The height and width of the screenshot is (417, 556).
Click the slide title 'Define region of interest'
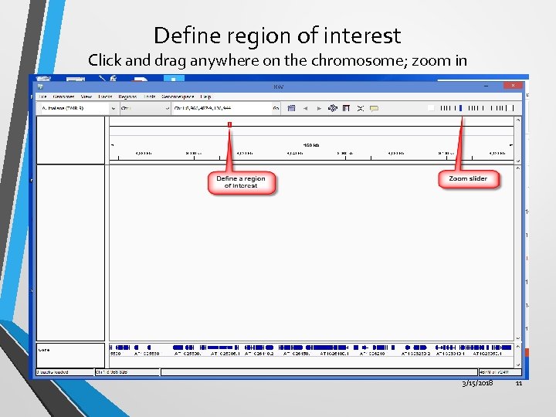click(x=277, y=36)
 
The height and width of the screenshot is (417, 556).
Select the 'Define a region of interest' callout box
click(x=241, y=182)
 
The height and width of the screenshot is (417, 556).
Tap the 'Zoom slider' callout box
click(x=468, y=179)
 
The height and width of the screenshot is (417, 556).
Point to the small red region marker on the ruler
click(x=229, y=124)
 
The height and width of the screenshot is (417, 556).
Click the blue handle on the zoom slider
click(x=460, y=108)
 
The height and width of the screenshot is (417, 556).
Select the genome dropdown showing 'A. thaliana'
click(x=73, y=109)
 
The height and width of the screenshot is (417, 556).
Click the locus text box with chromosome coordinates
click(x=224, y=109)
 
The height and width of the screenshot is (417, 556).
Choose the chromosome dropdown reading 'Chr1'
click(x=144, y=109)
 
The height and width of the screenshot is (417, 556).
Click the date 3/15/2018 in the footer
click(x=477, y=383)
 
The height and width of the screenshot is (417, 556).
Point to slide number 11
click(x=519, y=383)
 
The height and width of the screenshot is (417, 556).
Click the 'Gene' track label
click(x=44, y=350)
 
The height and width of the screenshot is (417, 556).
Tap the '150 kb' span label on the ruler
click(x=311, y=144)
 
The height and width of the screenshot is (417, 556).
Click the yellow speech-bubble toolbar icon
click(x=374, y=109)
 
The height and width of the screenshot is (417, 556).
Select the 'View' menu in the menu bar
click(x=86, y=97)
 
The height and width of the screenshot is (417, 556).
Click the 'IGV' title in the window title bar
click(x=278, y=86)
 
